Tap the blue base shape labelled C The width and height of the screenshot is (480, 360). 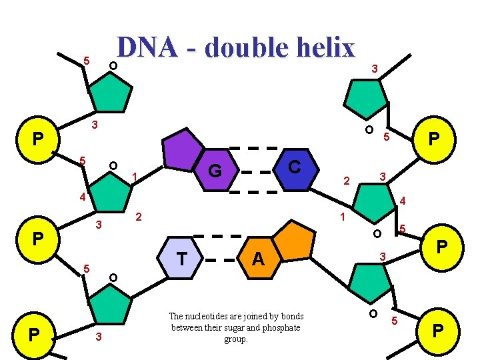coord(294,167)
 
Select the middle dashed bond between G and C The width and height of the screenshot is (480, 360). coord(260,171)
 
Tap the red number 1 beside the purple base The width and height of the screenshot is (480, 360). coord(135,177)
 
